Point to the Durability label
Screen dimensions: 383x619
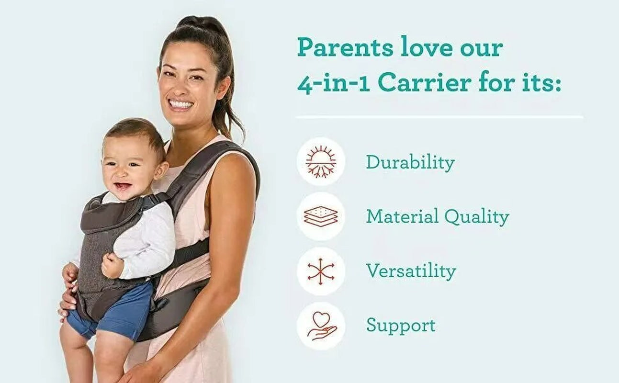tap(410, 162)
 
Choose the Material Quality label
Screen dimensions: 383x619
tap(437, 217)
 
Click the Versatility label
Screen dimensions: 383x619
tap(411, 271)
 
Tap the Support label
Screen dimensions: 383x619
tap(401, 326)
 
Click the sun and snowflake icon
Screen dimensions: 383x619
tap(321, 162)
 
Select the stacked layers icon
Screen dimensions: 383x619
tap(321, 216)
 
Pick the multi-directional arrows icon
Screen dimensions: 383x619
tap(321, 271)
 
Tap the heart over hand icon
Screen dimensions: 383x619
tap(321, 326)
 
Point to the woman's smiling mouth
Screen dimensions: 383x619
tap(181, 104)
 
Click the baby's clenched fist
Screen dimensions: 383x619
tap(112, 265)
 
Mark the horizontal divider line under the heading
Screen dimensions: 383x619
tap(439, 117)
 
